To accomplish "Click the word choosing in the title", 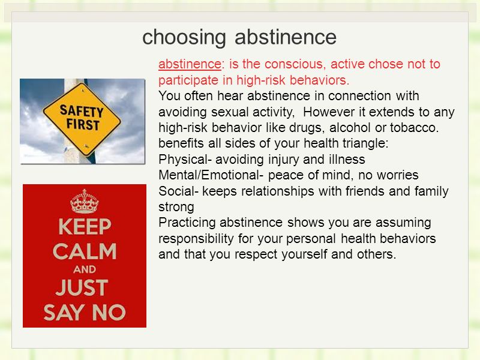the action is click(184, 37).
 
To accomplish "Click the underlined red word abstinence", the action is click(190, 64).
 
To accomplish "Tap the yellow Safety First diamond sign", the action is click(82, 119).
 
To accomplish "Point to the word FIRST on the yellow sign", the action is click(83, 125).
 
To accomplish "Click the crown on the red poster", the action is click(85, 201).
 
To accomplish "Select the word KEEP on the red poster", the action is click(85, 227).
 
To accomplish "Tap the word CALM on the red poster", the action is click(85, 251).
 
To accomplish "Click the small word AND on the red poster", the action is click(85, 269).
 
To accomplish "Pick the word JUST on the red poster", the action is click(82, 288).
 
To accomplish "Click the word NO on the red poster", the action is click(109, 313).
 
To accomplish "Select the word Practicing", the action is click(187, 223).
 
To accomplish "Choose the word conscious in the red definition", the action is click(293, 64).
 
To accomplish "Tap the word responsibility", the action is click(196, 238).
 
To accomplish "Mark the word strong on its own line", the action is click(176, 207).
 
